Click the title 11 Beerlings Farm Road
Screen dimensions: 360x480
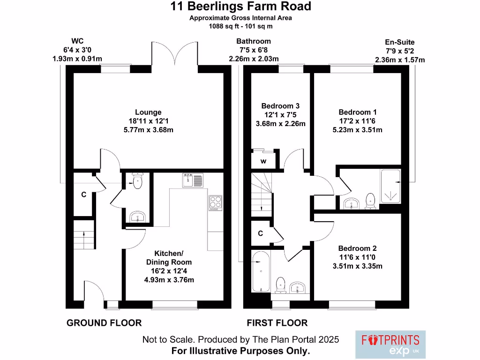(240, 7)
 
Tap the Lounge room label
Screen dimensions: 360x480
(148, 112)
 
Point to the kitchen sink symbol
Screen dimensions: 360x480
(193, 180)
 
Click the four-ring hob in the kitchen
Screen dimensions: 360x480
(216, 203)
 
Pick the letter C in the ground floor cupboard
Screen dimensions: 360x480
(84, 195)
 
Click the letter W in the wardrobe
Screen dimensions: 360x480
(263, 162)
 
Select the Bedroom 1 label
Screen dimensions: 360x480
(358, 112)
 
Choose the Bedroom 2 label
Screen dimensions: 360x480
(358, 248)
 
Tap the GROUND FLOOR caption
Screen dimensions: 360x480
(104, 323)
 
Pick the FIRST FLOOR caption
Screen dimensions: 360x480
(277, 323)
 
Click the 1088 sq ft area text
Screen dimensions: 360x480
(240, 26)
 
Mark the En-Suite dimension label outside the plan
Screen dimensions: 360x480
(400, 51)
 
